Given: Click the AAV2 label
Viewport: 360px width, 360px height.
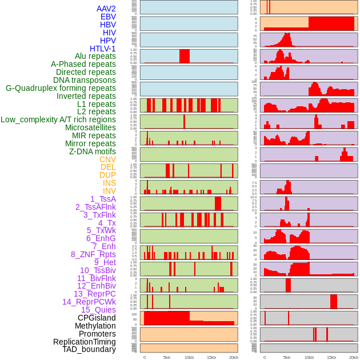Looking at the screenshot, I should point(106,9).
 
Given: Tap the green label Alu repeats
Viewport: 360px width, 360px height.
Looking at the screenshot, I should point(95,56).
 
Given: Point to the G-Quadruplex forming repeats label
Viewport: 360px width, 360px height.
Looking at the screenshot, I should point(61,88).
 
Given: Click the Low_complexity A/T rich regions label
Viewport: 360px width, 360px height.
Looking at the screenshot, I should point(58,119).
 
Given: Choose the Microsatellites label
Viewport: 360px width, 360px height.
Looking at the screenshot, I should point(90,127).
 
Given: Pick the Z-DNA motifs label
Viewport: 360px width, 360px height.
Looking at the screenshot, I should point(92,151).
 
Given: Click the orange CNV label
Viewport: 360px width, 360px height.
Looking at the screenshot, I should point(107,159).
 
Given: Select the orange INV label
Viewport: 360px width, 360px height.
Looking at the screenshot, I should point(109,191).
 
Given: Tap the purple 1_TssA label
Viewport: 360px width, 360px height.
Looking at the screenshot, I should point(103,199).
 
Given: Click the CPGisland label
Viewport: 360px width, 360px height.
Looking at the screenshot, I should point(97,318).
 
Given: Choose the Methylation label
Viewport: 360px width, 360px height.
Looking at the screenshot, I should point(95,326).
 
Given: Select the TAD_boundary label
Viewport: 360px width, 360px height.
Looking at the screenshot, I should point(89,349).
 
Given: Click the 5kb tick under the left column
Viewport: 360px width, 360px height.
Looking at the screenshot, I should point(167,357).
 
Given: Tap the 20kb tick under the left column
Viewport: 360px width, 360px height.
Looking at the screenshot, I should point(233,357).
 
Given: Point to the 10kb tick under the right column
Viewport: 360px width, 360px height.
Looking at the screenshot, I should point(309,357).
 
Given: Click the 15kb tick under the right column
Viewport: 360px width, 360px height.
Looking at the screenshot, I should point(331,357).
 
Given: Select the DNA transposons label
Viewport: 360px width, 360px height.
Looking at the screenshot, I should point(85,80).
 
